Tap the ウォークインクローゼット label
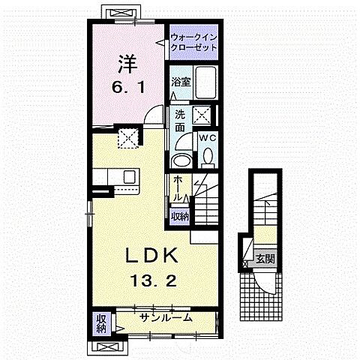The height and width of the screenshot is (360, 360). (x=193, y=41)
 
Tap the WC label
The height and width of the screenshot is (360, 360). (x=208, y=139)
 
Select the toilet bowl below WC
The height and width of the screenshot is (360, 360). (x=208, y=157)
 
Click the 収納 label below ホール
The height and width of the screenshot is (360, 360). (x=179, y=216)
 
